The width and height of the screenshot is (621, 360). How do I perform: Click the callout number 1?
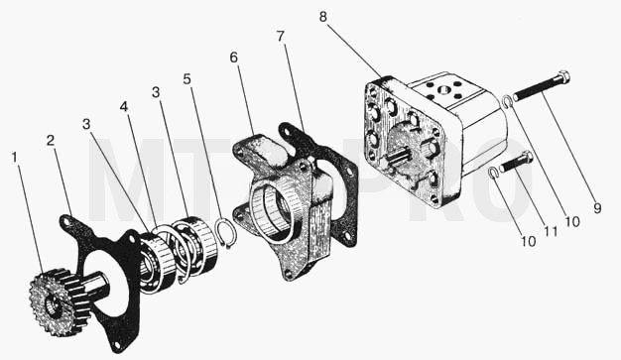tap(15, 158)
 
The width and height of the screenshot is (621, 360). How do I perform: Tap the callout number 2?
tap(51, 140)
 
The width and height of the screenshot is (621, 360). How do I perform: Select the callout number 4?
tap(124, 106)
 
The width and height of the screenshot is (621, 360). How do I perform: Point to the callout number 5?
tap(186, 78)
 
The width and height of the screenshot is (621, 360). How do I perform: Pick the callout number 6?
tap(234, 58)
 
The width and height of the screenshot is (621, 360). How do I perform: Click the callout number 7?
tap(281, 36)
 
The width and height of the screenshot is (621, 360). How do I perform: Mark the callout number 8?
tap(323, 17)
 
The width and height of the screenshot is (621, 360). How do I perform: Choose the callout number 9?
tap(597, 208)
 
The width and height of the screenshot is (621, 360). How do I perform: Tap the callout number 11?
tap(551, 231)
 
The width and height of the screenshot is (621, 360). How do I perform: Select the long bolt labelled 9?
tap(542, 86)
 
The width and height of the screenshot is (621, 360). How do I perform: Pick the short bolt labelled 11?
tap(517, 162)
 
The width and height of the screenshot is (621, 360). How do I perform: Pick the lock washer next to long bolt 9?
tap(507, 101)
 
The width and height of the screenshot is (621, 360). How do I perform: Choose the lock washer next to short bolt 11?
tap(493, 174)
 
